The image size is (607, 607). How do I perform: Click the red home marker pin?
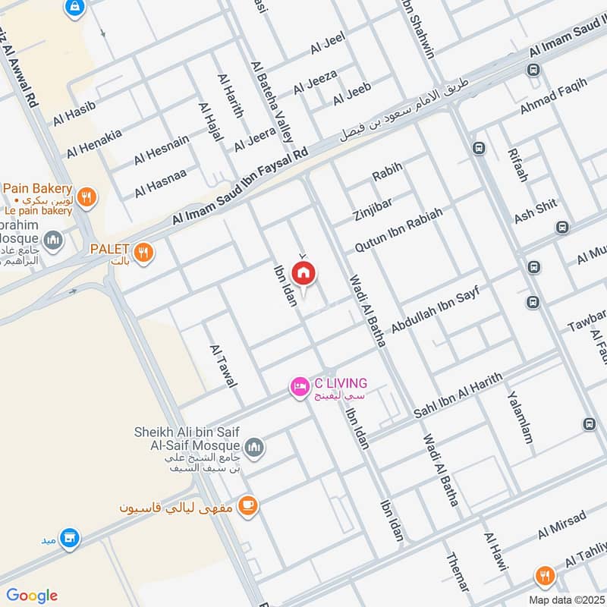point(303,274)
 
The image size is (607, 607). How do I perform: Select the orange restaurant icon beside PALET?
point(143,251)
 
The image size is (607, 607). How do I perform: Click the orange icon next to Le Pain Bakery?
point(89,195)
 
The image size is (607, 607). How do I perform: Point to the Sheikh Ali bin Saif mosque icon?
point(254,448)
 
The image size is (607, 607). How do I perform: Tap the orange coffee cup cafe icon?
point(247,505)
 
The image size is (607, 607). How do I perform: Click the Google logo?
point(31,595)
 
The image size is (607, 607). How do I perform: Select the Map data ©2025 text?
point(565,599)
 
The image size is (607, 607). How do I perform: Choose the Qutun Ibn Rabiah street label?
point(399,231)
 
